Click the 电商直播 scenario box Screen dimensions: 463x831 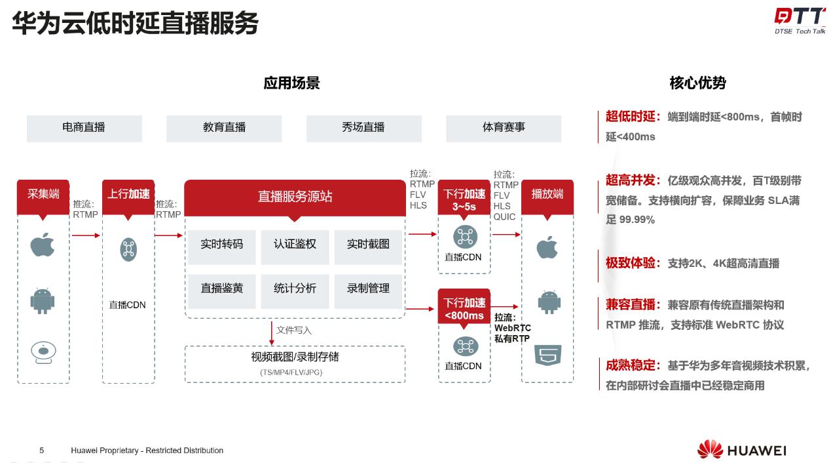(84, 128)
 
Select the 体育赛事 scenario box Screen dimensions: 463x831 (503, 128)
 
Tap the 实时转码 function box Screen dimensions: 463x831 (221, 244)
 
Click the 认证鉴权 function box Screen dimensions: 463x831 (295, 244)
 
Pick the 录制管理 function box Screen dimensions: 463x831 (368, 289)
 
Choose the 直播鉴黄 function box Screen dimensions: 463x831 (221, 289)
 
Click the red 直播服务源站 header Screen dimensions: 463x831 (295, 196)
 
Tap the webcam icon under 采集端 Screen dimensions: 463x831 (43, 352)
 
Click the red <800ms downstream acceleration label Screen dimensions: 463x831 (464, 309)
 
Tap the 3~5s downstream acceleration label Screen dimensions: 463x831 (464, 199)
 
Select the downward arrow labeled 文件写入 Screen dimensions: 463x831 (272, 332)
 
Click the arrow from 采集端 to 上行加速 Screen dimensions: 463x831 (86, 235)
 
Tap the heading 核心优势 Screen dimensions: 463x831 (697, 83)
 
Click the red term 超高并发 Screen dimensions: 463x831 (631, 180)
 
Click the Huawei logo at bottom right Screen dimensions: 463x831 (741, 450)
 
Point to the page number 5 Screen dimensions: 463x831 (42, 451)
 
